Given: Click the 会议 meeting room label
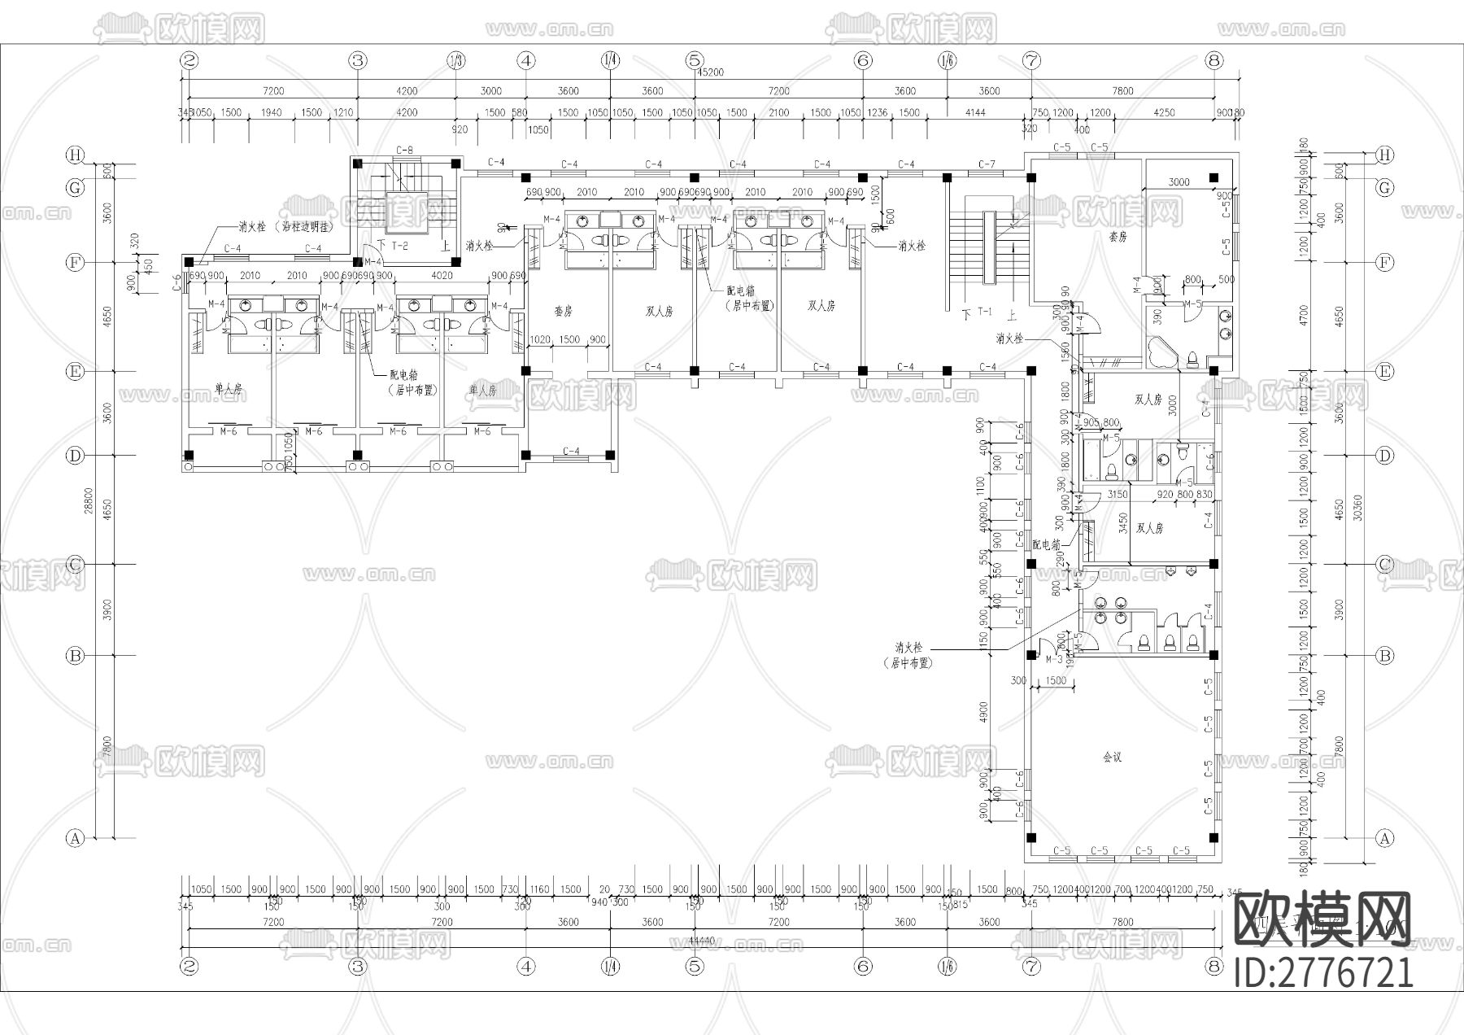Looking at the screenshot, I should point(1112,757).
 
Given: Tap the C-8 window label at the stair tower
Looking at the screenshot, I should point(404,150).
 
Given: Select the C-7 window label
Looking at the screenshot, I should point(987,164).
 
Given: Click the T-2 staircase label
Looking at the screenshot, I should point(399,245).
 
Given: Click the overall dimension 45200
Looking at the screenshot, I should point(709,72).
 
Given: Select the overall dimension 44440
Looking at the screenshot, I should point(701,940).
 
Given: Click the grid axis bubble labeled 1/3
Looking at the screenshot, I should point(456,60).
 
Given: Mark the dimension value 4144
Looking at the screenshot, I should point(974,112).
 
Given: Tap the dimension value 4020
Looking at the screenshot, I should point(442,275).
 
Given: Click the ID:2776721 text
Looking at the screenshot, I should point(1323,972).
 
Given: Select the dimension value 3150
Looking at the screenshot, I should point(1118,494).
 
